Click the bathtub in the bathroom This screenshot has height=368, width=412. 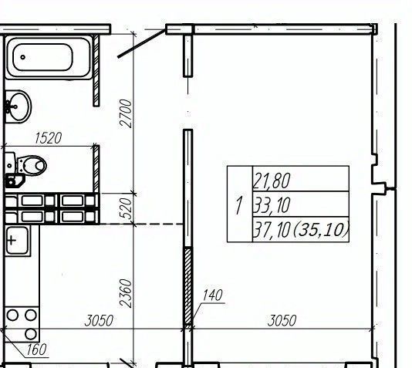[x=49, y=57]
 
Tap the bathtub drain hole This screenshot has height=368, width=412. [x=23, y=57]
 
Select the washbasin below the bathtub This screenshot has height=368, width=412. [x=18, y=106]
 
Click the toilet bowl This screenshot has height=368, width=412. [x=32, y=165]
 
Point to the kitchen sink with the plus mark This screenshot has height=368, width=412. [x=17, y=241]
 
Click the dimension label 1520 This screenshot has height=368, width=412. [x=49, y=138]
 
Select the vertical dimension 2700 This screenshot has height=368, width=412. [x=126, y=113]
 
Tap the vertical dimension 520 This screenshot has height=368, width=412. [x=126, y=208]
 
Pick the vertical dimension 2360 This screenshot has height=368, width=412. [x=125, y=293]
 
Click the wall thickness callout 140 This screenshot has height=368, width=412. [x=213, y=295]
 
